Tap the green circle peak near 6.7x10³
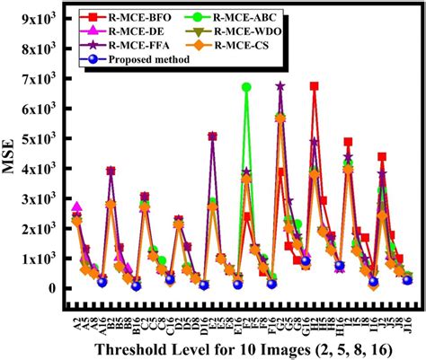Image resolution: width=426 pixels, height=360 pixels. tap(246, 87)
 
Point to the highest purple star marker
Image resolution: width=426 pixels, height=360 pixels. tap(280, 86)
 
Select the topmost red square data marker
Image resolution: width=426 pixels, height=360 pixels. tap(314, 86)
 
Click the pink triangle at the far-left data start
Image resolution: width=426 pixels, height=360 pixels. tap(77, 206)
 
